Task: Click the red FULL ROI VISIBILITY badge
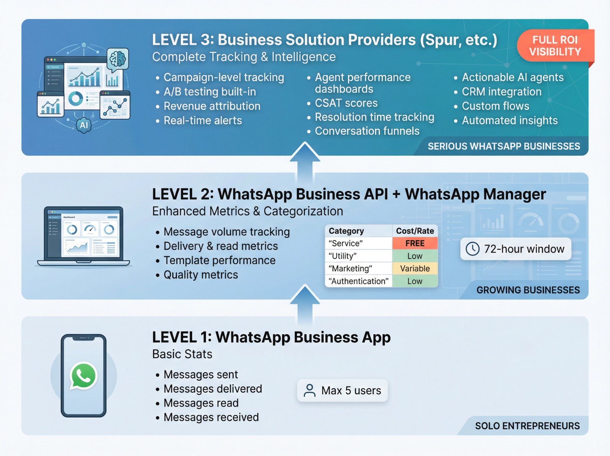coord(555,46)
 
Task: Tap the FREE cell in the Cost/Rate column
coord(415,243)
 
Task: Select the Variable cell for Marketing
coord(415,268)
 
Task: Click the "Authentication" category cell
coord(358,281)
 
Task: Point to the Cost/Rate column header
coord(415,231)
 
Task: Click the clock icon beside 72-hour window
coord(472,249)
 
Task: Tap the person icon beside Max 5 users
coord(310,390)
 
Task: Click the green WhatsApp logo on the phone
coord(83,376)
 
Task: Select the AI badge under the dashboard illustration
coord(84,125)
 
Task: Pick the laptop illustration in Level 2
coord(83,237)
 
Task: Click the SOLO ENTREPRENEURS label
coord(527,426)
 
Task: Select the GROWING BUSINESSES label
coord(528,290)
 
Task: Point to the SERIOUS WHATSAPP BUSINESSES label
coord(504,146)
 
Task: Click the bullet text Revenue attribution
coord(212,106)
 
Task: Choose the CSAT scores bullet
coord(346,103)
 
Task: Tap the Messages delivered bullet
coord(213,389)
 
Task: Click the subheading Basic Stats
coord(182,354)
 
